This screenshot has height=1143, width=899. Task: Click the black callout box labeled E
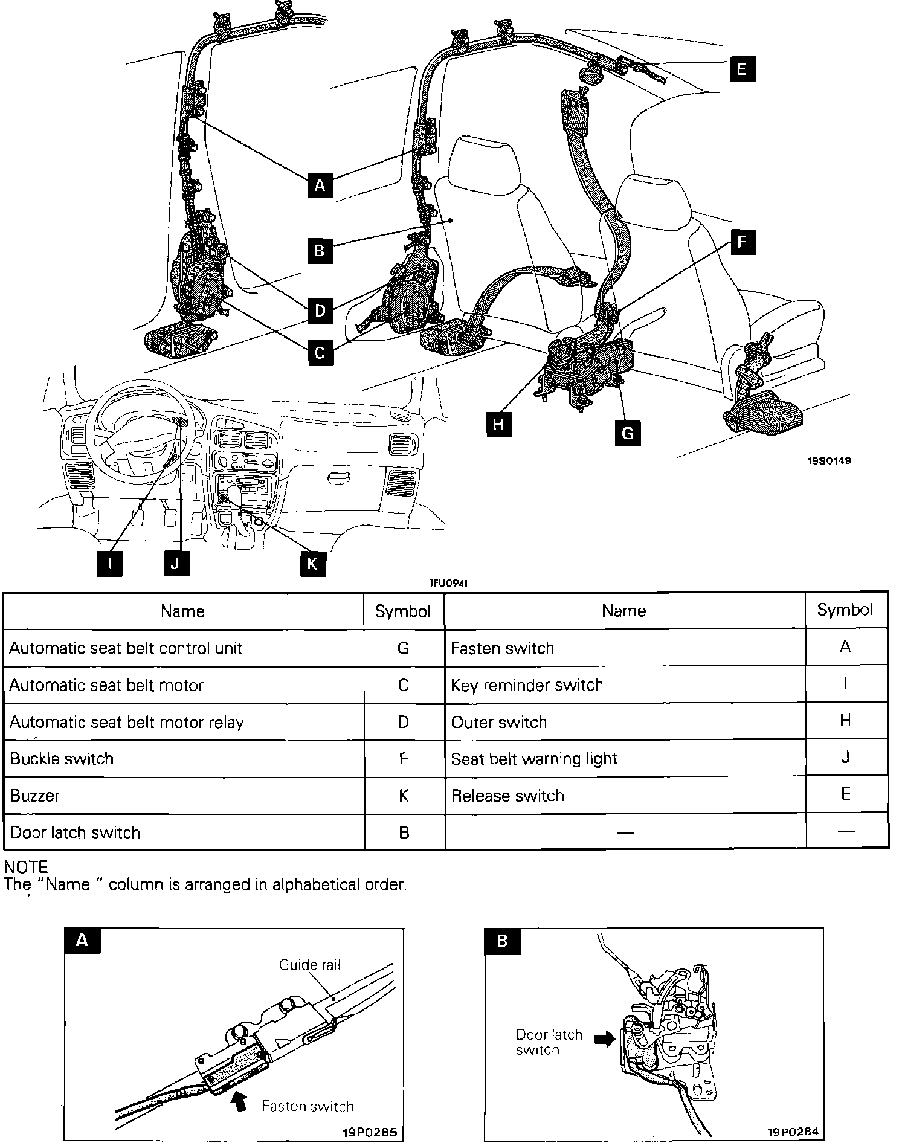[741, 68]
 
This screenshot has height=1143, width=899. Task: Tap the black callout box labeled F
[742, 243]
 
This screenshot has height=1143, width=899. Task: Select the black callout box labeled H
[498, 424]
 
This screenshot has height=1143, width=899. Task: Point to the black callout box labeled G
[628, 433]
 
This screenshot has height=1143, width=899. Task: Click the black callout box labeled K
[312, 564]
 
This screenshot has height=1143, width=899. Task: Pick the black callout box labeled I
[110, 564]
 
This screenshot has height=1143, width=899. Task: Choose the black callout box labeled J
[175, 564]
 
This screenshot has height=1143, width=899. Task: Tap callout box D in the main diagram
[320, 311]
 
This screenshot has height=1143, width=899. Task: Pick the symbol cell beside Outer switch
[845, 720]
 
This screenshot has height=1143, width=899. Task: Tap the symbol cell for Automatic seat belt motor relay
[404, 722]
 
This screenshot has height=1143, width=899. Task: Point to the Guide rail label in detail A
[309, 965]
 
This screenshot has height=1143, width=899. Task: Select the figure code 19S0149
[829, 460]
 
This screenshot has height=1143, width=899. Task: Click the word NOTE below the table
[25, 868]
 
